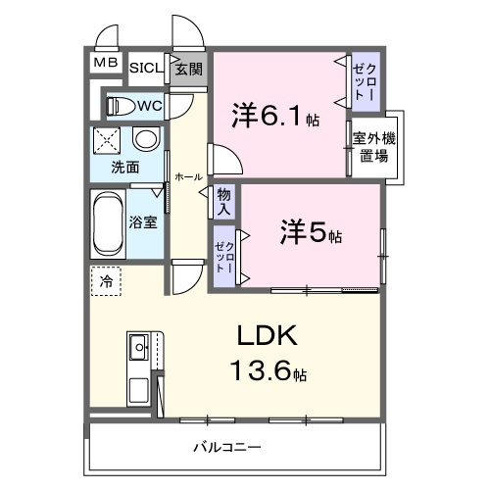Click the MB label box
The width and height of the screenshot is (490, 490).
coord(105,65)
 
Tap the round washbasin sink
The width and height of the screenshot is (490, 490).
coord(143,138)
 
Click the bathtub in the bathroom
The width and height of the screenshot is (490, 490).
coord(106,221)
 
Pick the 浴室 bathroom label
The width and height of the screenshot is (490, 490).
coord(143,221)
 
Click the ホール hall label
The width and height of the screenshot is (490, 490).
coord(187,177)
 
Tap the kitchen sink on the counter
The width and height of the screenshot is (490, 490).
coord(137,346)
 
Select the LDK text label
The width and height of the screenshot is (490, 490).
coord(269,338)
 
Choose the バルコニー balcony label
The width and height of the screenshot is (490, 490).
coord(225,448)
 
